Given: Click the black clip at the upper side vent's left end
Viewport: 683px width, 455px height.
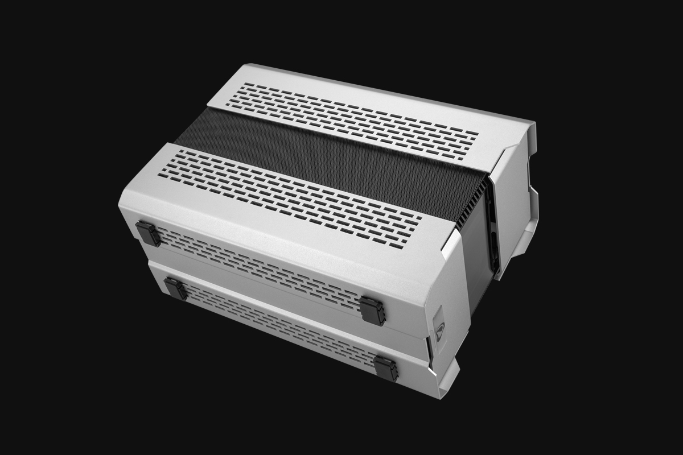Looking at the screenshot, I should coord(147,233).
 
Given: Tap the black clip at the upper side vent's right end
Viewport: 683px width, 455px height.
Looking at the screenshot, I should coord(372,311).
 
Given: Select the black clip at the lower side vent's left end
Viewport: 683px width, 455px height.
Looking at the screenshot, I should coord(175,288).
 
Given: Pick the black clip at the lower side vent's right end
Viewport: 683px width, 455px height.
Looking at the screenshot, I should coord(386,368).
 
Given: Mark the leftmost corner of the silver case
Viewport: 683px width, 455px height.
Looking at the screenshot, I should coord(121,205).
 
